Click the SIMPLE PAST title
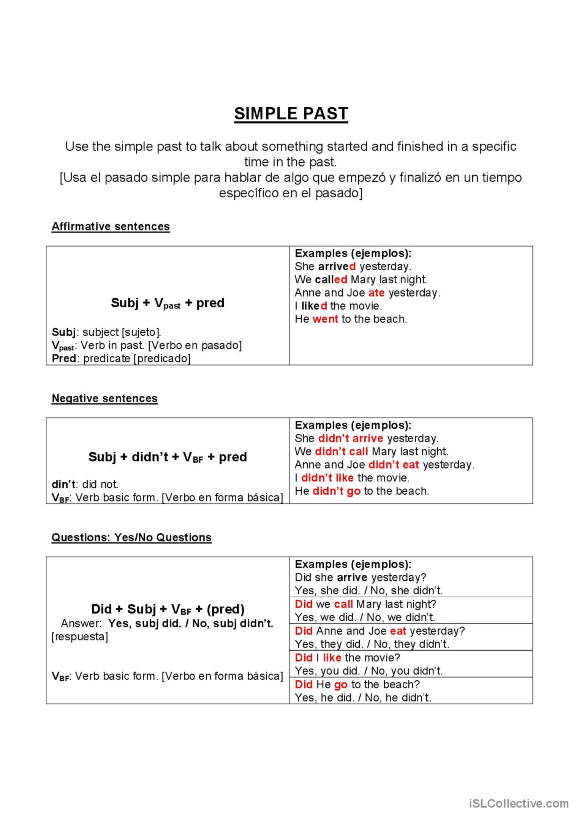point(291,114)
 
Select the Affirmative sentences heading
point(111,227)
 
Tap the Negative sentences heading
point(104,399)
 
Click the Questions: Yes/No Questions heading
point(131,538)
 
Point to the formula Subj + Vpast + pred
point(168,303)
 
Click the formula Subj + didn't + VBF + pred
point(168,457)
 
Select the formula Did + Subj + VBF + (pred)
point(168,609)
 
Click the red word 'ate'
point(376,293)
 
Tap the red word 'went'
point(325,319)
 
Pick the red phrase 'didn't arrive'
point(351,438)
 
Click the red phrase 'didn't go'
point(336,491)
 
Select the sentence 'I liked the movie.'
point(338,306)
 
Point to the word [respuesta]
point(80,637)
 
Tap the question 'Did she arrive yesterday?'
point(361,578)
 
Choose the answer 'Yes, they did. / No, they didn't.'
point(372,644)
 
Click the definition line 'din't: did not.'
point(85,484)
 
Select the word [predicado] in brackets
point(162,359)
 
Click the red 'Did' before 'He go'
point(304,684)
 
